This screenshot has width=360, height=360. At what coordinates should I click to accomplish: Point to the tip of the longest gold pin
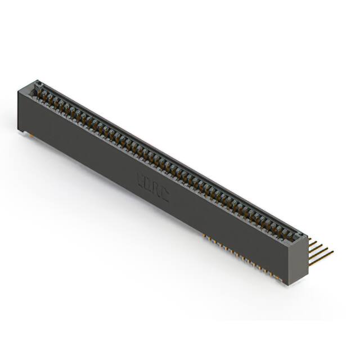tap(333, 251)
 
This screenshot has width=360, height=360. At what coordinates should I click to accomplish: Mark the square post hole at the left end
tap(39, 85)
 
